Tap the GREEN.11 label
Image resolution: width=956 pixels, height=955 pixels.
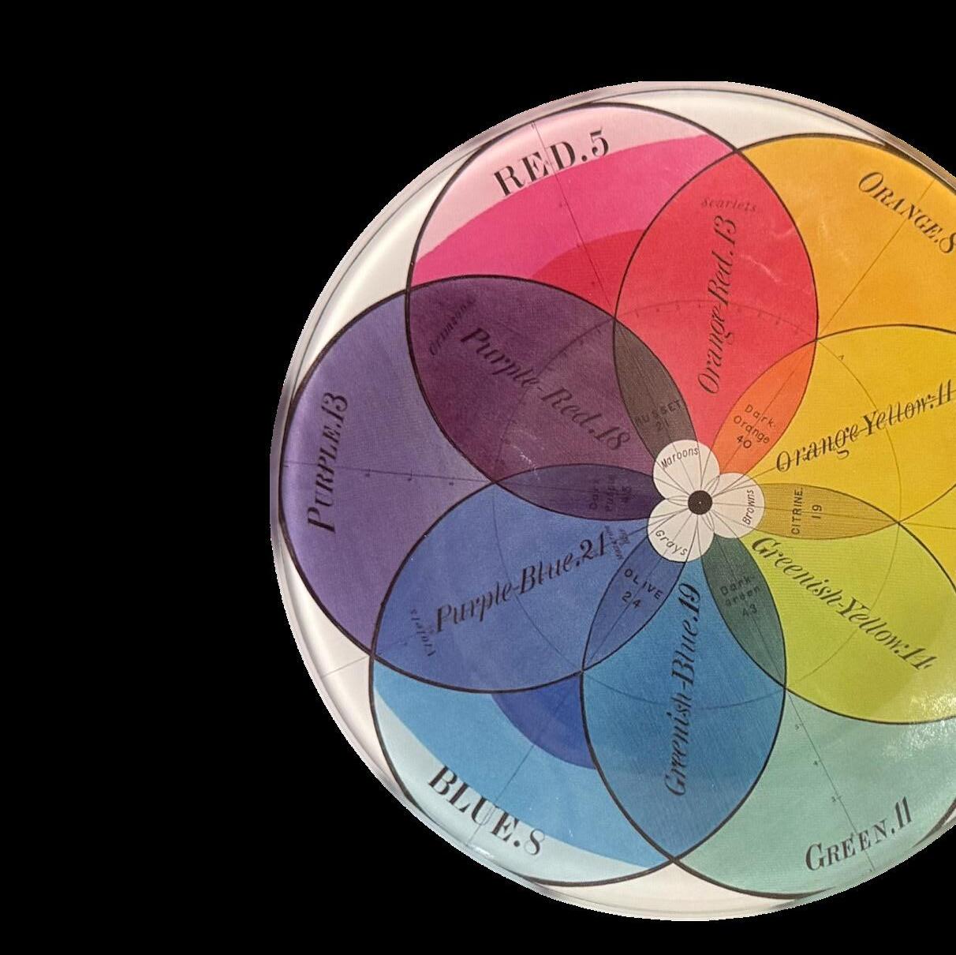(x=859, y=841)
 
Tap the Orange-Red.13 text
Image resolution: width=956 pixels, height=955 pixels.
(x=719, y=304)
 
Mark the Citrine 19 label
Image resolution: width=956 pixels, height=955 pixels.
(x=797, y=511)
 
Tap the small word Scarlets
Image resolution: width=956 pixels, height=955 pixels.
(x=729, y=204)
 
